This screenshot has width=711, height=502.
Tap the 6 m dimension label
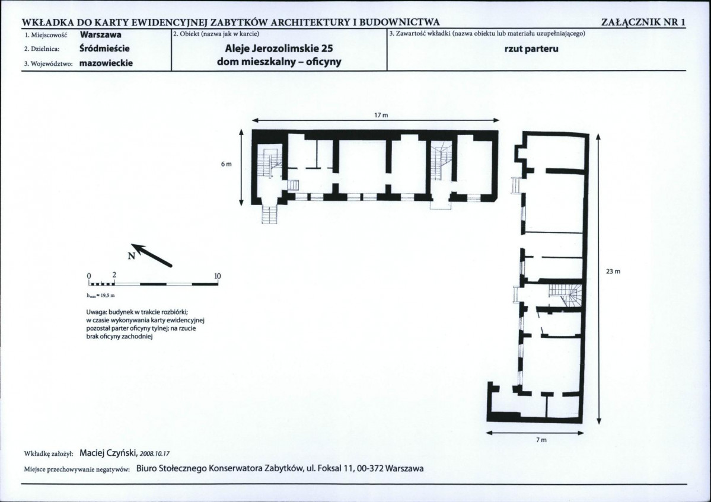click(x=227, y=164)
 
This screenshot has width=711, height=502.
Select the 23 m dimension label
click(x=613, y=271)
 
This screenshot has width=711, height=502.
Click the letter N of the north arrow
click(x=132, y=256)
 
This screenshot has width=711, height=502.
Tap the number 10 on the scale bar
click(x=217, y=276)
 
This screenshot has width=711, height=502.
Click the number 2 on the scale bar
click(x=114, y=275)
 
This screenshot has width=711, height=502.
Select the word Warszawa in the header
click(x=100, y=34)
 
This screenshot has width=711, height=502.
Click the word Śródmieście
click(x=104, y=48)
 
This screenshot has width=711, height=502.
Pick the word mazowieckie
click(x=106, y=63)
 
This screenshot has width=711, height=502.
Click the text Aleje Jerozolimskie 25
click(x=279, y=49)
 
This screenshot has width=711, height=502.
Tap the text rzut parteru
click(x=531, y=49)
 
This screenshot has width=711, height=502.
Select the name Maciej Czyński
click(x=109, y=453)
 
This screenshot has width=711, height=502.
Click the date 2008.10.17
click(x=155, y=453)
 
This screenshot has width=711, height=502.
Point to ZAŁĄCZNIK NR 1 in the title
click(x=643, y=22)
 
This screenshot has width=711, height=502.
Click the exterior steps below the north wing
click(x=269, y=214)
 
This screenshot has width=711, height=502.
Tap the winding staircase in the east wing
click(x=565, y=295)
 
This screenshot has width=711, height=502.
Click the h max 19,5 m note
click(x=101, y=296)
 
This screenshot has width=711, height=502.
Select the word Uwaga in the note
click(x=96, y=312)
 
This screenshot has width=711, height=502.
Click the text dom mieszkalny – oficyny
click(x=279, y=62)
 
